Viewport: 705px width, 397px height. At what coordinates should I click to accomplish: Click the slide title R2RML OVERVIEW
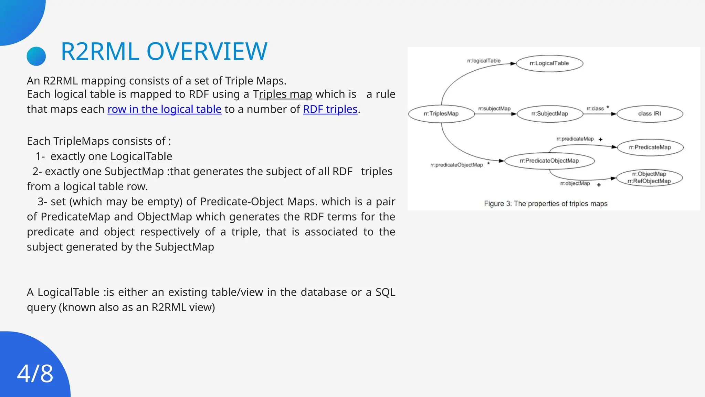tap(164, 52)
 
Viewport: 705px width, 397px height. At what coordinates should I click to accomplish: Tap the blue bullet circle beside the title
tap(36, 56)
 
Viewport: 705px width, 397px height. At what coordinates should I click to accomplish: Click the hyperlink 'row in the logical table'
tap(164, 109)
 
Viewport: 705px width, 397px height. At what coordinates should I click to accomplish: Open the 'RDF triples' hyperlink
tap(330, 109)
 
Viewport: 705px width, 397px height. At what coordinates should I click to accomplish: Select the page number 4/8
tap(35, 374)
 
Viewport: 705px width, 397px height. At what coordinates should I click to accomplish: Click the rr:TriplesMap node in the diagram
tap(441, 114)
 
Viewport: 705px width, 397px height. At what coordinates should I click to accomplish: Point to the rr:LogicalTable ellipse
tap(549, 63)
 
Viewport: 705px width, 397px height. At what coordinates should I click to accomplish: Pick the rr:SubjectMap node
tap(550, 114)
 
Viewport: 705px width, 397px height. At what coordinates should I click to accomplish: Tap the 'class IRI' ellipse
tap(650, 114)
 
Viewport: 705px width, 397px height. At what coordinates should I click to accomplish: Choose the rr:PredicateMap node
tap(650, 147)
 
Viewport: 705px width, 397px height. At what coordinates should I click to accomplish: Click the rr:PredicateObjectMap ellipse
tap(549, 161)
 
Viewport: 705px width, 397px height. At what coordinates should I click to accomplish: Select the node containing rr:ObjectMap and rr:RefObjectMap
tap(649, 178)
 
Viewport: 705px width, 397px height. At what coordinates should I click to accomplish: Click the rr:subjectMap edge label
tap(494, 109)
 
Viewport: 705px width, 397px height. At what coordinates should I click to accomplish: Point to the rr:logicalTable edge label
tap(484, 61)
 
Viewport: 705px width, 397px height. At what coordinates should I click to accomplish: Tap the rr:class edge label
tap(595, 109)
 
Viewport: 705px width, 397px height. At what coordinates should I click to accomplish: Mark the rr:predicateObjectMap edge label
tap(456, 165)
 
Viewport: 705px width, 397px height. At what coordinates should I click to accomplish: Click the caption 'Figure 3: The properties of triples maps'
tap(546, 204)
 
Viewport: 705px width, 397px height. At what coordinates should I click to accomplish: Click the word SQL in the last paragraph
tap(385, 292)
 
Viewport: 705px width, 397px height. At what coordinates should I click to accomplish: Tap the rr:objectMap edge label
tap(575, 184)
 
